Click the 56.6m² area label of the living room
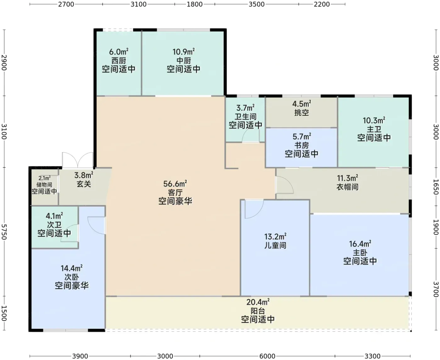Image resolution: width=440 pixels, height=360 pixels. (x=175, y=183)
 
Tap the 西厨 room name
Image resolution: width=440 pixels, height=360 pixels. (x=118, y=61)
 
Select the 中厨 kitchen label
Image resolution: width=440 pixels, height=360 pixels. (x=184, y=61)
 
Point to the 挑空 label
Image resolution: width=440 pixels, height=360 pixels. (x=301, y=113)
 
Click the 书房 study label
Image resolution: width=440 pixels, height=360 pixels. (x=301, y=145)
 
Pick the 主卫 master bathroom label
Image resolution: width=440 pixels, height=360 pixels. (x=374, y=129)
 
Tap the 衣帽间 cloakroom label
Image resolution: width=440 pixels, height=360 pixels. (x=347, y=187)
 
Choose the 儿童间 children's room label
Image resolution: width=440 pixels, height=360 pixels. (x=275, y=245)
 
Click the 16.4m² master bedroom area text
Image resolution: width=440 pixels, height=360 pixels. (x=360, y=244)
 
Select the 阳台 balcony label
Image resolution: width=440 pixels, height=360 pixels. (x=258, y=311)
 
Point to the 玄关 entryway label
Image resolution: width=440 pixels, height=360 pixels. (x=84, y=184)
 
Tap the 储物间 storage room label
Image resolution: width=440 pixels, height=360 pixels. (x=44, y=185)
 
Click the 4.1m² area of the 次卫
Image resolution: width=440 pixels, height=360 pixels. (x=54, y=216)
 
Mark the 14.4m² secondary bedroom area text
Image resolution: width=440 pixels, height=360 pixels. (x=71, y=268)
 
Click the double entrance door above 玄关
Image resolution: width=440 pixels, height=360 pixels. (x=78, y=160)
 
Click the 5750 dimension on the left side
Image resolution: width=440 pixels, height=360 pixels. (x=4, y=232)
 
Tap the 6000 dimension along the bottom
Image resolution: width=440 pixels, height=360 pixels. (x=267, y=356)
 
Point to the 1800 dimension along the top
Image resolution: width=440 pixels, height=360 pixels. (x=195, y=4)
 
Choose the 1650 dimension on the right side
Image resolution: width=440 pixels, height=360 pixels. (x=436, y=187)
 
